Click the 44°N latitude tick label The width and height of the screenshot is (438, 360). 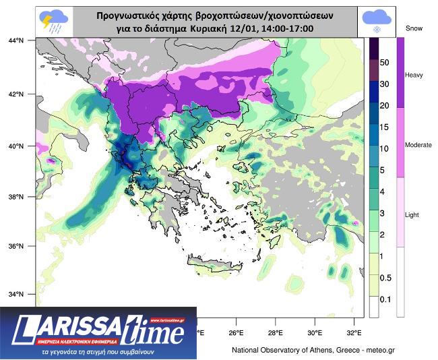(x=16, y=41)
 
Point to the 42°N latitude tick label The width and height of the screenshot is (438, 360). (x=16, y=94)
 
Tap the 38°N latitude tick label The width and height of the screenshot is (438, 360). (x=16, y=196)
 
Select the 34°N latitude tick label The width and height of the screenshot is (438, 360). (x=16, y=294)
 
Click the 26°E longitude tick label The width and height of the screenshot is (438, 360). (x=236, y=333)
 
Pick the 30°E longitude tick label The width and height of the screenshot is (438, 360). (x=315, y=333)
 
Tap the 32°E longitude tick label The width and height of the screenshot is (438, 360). (x=354, y=333)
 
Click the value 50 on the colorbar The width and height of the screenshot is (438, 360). (x=385, y=63)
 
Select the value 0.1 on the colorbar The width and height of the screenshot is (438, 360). (x=385, y=298)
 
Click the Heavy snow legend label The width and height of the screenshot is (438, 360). (x=413, y=75)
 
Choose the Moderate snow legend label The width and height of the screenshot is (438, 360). (x=418, y=145)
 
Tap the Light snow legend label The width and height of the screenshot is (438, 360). (x=411, y=214)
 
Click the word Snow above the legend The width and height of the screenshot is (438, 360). (x=414, y=28)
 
